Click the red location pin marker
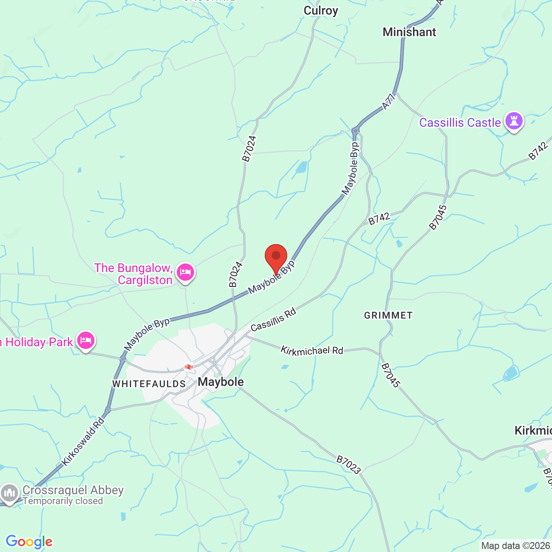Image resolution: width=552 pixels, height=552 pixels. pos(276,257)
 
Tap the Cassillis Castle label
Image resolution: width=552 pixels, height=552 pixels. pos(460,123)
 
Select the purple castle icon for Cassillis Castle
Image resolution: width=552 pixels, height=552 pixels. pos(514,121)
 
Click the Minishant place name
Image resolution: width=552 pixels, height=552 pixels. pos(409,32)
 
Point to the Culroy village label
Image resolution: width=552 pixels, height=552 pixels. pos(321,11)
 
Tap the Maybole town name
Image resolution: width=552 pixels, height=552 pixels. pos(221,382)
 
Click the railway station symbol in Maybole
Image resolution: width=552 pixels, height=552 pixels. pos(188,367)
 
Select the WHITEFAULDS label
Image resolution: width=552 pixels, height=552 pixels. pos(149,384)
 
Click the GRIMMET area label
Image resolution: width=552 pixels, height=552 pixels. pos(388,315)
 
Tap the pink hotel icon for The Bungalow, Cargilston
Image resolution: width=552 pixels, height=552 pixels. pos(185,273)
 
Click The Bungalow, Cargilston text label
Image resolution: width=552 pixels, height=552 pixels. pos(134,274)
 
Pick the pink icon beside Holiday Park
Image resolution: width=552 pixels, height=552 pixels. pos(85,341)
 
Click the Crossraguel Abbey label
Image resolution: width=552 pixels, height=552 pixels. pos(73,490)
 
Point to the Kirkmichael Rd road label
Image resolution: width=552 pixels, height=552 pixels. pos(312,351)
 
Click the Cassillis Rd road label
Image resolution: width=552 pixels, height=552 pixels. pos(273,320)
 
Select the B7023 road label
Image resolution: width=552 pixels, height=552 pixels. pos(348,465)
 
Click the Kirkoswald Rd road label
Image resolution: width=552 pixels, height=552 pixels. pos(83,441)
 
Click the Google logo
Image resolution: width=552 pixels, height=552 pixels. pos(29,542)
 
